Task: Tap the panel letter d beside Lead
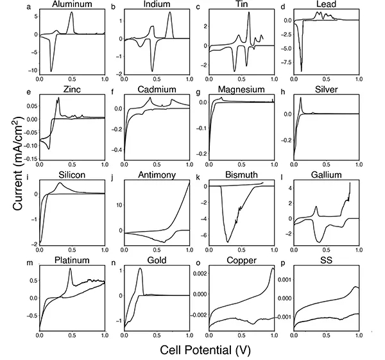pos(283,6)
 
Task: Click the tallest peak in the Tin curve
pos(248,12)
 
